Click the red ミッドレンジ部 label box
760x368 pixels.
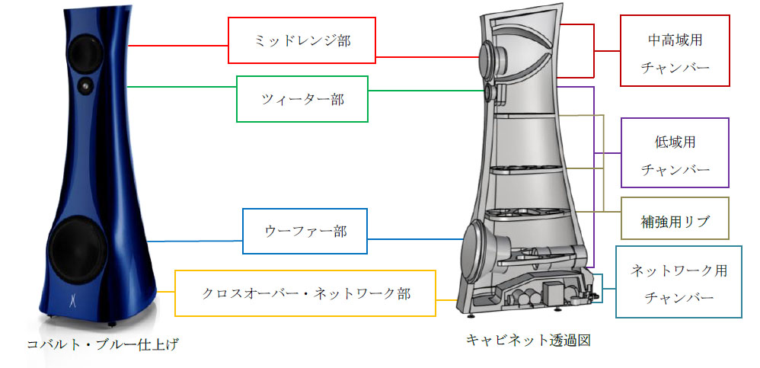[302, 40]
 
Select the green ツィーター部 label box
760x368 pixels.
[302, 99]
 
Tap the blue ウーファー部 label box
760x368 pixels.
[305, 232]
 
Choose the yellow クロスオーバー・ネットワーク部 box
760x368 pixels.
[305, 293]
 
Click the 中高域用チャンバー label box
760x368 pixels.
[675, 51]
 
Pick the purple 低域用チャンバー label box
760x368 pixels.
[675, 152]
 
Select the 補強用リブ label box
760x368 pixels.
[675, 218]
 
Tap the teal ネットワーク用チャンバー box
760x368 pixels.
[679, 282]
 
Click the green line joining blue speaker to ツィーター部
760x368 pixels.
[180, 87]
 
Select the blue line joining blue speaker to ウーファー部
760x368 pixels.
[194, 241]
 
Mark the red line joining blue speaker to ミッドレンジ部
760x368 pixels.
[178, 46]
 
